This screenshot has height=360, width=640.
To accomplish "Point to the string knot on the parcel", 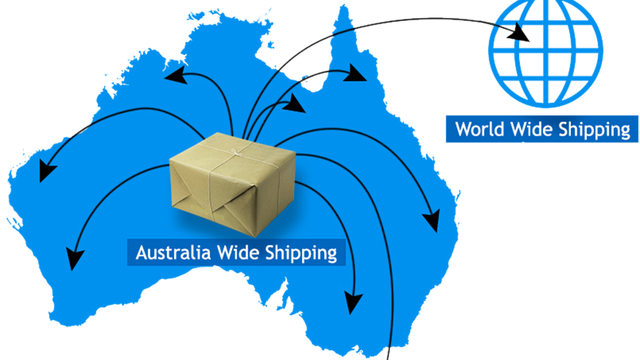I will click(233, 151).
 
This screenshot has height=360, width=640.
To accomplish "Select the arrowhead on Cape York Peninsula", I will click(356, 73).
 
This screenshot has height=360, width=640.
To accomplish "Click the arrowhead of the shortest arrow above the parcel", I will click(295, 104).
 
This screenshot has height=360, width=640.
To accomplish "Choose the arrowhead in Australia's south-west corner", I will click(74, 257).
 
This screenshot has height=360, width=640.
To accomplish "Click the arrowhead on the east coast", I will click(431, 220).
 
